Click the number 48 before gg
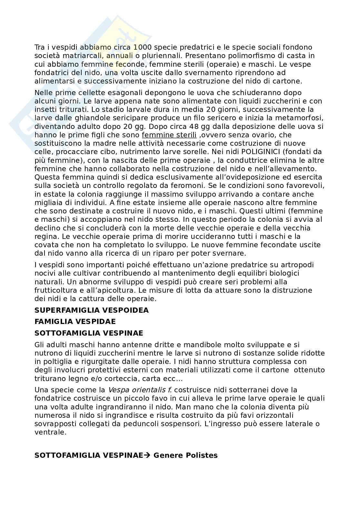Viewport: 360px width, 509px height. coord(189,126)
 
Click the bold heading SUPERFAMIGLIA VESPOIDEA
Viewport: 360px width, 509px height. coord(92,310)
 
